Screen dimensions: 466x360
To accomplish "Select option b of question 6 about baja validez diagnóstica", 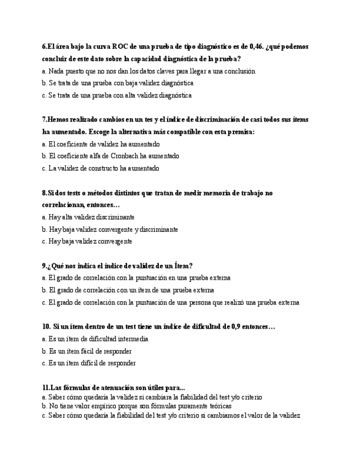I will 118,84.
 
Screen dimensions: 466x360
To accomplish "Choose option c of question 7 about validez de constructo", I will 101,168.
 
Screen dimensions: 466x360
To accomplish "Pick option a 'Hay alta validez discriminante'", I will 88,217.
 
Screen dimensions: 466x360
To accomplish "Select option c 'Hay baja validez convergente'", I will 87,241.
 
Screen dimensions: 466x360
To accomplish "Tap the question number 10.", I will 46,326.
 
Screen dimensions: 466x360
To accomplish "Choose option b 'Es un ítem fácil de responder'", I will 87,351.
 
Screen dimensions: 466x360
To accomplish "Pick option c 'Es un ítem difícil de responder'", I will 88,363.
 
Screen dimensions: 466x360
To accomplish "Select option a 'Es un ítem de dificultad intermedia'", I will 95,339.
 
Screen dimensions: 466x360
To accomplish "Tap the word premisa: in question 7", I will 241,132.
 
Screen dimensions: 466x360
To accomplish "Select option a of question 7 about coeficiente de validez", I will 101,144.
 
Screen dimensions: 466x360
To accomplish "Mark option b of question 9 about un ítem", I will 128,290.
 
